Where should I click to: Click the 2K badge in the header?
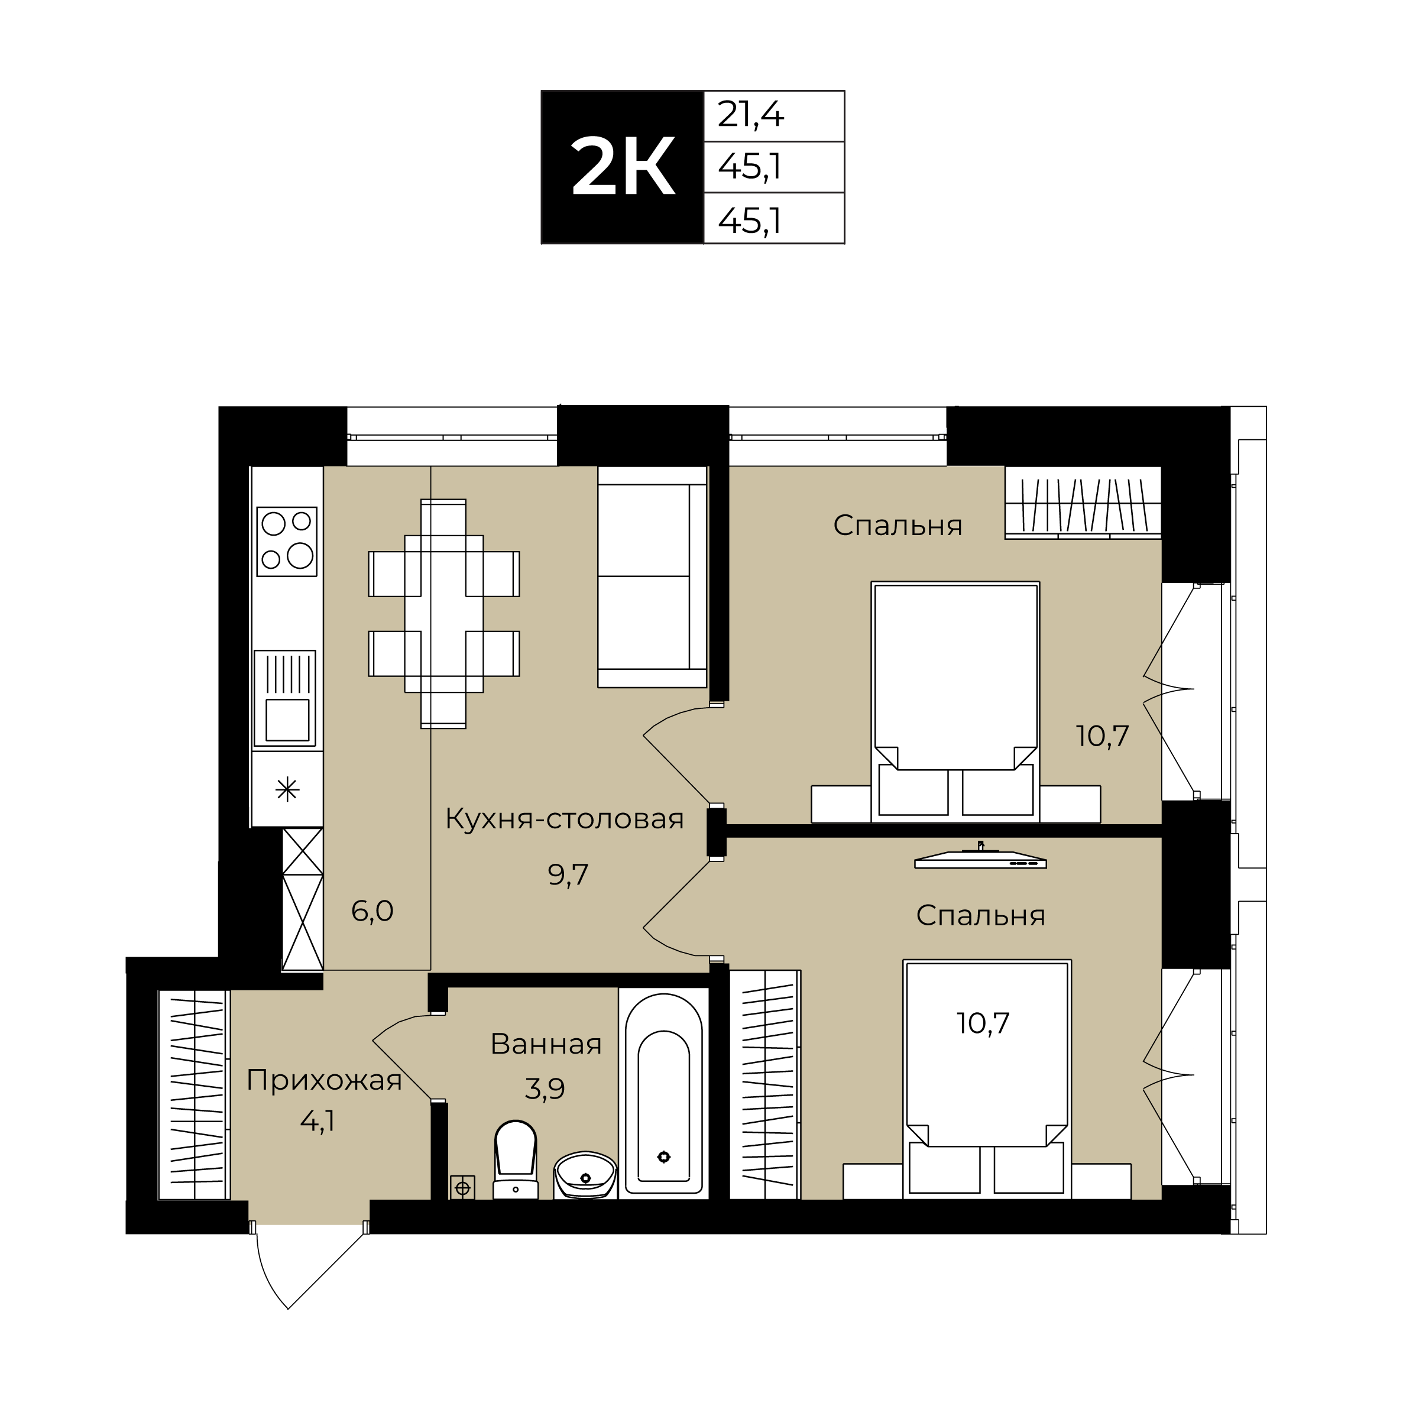[622, 167]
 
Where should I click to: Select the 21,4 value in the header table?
[751, 115]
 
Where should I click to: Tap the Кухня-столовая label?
[564, 819]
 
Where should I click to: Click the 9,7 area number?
[568, 875]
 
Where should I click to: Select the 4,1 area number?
[318, 1122]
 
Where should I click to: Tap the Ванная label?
[546, 1044]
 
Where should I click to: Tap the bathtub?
[663, 1093]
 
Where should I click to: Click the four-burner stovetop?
[286, 542]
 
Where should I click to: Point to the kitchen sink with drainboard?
[285, 698]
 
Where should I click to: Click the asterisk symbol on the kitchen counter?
[287, 789]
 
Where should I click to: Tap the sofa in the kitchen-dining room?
[652, 576]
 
